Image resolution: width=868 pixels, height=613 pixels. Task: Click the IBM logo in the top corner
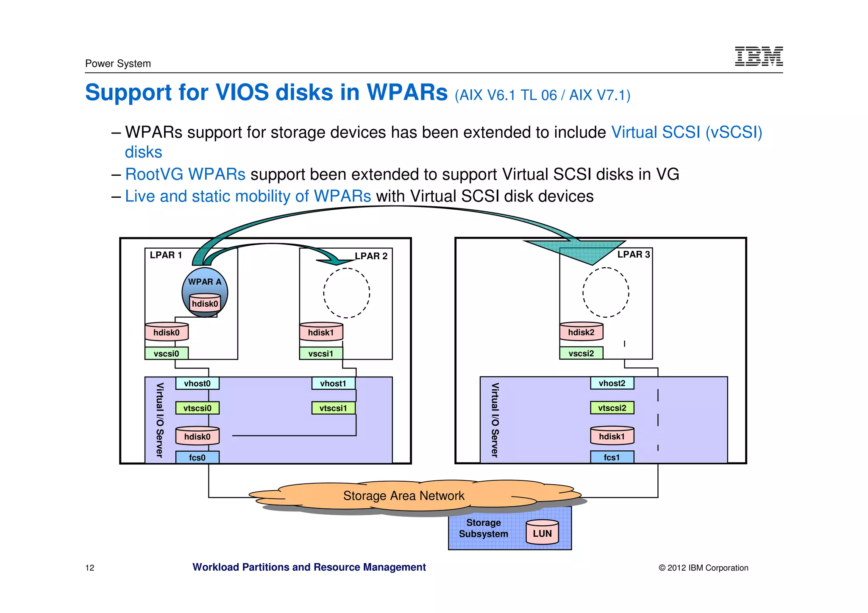758,56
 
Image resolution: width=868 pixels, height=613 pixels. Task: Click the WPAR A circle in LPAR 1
205,282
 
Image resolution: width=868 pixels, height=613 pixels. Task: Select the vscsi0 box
166,353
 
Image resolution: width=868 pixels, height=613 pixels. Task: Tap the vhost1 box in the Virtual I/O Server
333,383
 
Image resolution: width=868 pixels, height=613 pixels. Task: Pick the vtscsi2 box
612,408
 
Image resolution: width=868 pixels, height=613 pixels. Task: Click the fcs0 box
197,458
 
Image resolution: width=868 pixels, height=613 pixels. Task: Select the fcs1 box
612,458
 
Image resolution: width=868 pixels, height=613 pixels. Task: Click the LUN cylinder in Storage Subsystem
542,533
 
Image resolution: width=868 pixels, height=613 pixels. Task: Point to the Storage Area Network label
403,496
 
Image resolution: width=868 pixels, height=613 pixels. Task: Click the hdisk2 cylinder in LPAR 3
581,332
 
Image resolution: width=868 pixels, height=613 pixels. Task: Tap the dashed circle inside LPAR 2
346,293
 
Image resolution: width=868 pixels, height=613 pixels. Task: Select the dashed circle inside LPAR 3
606,292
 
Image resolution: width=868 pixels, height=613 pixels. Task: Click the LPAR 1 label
166,255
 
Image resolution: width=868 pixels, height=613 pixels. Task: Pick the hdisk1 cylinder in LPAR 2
321,332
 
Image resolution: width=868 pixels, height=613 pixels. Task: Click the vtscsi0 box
197,408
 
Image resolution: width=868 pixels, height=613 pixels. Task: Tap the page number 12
90,568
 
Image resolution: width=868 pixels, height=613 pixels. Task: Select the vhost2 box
612,383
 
